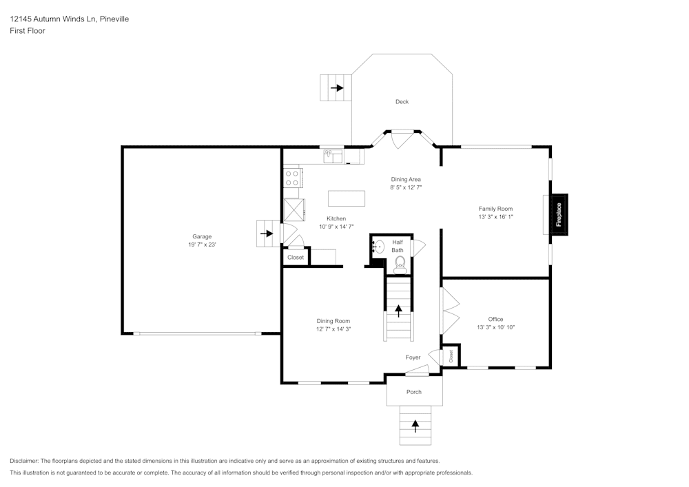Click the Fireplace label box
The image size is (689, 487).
coord(559,214)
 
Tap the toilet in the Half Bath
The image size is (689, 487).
coord(400,262)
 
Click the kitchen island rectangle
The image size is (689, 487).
coord(347,198)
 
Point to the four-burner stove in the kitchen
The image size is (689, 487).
coord(292,178)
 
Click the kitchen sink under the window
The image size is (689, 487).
coord(333,157)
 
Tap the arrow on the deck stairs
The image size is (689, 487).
coord(337,88)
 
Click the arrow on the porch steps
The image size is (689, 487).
coord(415,425)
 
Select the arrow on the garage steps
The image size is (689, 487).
coord(266,234)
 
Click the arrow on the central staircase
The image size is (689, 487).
coord(398,310)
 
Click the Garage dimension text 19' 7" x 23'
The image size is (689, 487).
coord(202,245)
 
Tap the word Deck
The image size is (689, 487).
coord(402,102)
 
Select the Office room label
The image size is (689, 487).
coord(495,319)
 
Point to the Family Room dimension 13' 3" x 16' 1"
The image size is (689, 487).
coord(495,217)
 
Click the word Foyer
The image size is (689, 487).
coord(413,358)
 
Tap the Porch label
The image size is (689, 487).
coord(413,392)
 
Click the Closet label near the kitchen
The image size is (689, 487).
coord(296,258)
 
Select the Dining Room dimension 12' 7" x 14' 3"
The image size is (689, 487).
coord(333,329)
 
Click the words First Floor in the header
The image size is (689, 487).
coord(28,31)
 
